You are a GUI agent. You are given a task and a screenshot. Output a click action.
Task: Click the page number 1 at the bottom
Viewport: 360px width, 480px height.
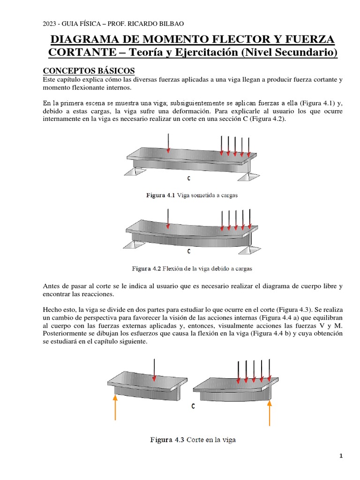(341, 456)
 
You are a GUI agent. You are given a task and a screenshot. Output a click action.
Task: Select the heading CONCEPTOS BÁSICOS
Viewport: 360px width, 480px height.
(89, 71)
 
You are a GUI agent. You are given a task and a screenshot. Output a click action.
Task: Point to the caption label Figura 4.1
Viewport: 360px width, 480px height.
(161, 195)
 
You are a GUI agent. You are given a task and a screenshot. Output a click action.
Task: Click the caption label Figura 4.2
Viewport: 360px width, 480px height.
(146, 269)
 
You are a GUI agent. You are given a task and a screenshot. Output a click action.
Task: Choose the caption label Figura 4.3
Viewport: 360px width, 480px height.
(167, 440)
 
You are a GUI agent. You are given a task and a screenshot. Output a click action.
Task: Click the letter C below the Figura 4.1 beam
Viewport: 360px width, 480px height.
(188, 179)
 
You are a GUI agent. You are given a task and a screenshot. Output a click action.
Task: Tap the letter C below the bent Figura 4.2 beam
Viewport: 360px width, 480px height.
(188, 251)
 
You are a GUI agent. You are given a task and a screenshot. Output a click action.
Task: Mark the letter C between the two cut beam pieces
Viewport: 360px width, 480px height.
(193, 407)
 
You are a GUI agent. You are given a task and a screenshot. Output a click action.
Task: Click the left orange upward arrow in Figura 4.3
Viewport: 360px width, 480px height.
(115, 406)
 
